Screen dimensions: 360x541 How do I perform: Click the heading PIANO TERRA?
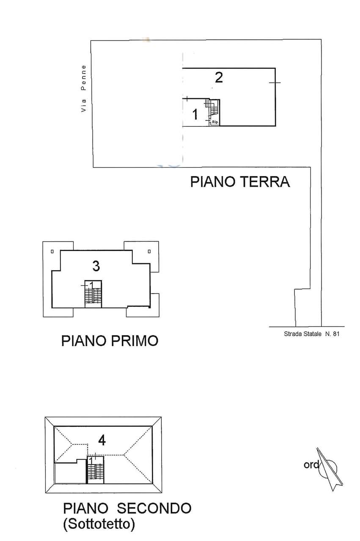pyautogui.click(x=240, y=182)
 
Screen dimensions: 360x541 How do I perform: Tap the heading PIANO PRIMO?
pyautogui.click(x=110, y=341)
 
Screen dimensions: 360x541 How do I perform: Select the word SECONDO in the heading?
pyautogui.click(x=154, y=508)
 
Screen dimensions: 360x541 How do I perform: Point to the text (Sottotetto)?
pyautogui.click(x=99, y=523)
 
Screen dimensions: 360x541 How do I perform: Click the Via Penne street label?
pyautogui.click(x=84, y=88)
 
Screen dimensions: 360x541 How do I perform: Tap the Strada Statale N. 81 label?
pyautogui.click(x=312, y=334)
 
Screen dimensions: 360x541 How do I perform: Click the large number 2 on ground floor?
pyautogui.click(x=219, y=77)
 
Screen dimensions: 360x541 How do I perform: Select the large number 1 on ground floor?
pyautogui.click(x=195, y=114)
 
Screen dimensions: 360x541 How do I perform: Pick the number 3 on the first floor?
pyautogui.click(x=96, y=266)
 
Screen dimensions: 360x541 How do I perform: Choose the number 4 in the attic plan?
pyautogui.click(x=102, y=441)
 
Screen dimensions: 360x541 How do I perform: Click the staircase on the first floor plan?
pyautogui.click(x=93, y=294)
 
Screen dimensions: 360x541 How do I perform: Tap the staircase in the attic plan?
pyautogui.click(x=95, y=470)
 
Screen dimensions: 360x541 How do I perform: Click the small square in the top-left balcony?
pyautogui.click(x=52, y=251)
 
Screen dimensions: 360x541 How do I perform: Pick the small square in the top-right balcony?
pyautogui.click(x=149, y=251)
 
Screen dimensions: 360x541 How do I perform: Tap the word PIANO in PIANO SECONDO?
pyautogui.click(x=85, y=508)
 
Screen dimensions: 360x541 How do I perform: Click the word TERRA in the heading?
pyautogui.click(x=265, y=182)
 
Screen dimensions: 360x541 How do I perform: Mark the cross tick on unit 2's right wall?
pyautogui.click(x=275, y=82)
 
